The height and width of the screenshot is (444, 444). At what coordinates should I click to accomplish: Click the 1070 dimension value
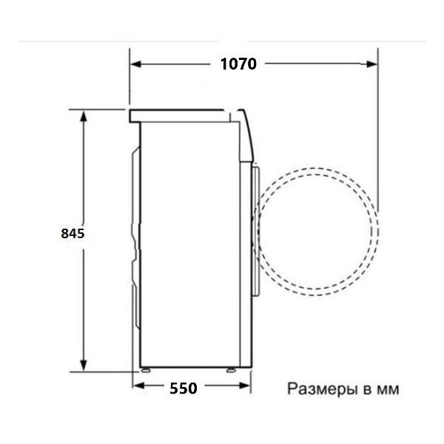238,64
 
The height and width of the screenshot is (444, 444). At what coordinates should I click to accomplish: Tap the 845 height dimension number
73,233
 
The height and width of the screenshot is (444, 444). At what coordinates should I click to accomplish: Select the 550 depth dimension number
184,388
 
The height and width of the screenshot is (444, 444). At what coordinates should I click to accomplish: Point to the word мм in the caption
388,390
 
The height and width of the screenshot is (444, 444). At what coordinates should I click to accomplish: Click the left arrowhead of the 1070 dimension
136,64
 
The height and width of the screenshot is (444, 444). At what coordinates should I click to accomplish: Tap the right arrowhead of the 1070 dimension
371,64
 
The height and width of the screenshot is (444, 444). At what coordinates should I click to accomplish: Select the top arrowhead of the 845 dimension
83,116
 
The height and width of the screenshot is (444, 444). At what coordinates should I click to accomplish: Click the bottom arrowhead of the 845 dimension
83,366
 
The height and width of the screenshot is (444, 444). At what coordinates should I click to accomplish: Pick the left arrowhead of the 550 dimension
138,386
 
